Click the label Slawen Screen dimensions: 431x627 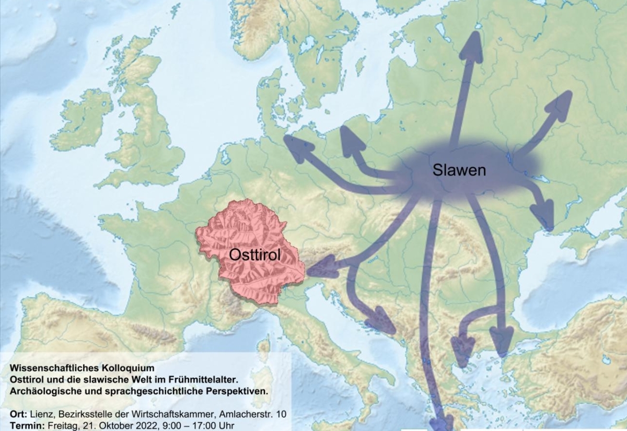(x=459, y=170)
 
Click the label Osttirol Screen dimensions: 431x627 (x=253, y=255)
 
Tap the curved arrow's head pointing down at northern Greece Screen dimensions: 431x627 (x=462, y=350)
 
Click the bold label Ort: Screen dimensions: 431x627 (x=19, y=414)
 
